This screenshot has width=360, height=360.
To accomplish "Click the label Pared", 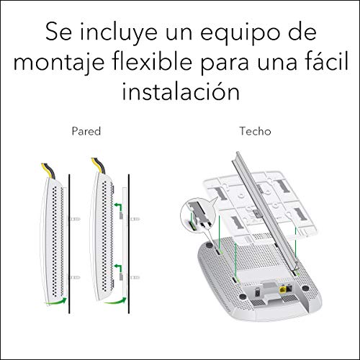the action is click(86, 131).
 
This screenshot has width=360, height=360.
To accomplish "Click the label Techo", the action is click(256, 131).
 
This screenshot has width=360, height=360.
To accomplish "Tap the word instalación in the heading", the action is click(181, 91).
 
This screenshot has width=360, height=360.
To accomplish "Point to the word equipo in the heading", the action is click(240, 33).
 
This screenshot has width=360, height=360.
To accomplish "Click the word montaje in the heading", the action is click(59, 63).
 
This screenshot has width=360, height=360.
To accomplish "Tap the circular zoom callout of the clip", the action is click(197, 215).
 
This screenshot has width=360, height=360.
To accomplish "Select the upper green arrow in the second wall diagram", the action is click(117, 207).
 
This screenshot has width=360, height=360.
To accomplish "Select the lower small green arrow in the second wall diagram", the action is click(117, 268).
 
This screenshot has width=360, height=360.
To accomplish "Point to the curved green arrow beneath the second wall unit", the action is click(115, 301).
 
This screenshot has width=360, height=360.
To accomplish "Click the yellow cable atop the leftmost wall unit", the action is click(45, 170).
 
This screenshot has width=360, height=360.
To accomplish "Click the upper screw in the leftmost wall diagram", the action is click(75, 219).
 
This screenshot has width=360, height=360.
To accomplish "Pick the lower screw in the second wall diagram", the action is click(135, 278).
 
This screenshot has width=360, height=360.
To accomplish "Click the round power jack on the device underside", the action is click(258, 293).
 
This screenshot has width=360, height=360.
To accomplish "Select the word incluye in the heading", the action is click(118, 33).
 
